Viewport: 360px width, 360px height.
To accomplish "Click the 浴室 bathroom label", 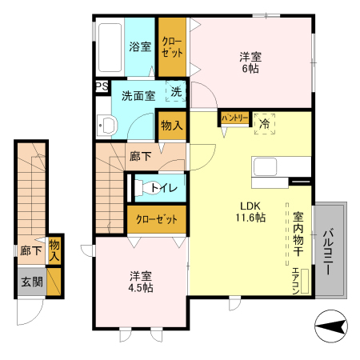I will point(140,46).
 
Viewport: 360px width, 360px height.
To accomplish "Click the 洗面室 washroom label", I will point(138,95).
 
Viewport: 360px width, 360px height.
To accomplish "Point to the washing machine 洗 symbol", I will point(177,91).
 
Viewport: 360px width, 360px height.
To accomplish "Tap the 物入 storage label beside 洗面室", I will point(171,125).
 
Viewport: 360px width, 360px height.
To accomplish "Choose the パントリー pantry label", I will point(234,118).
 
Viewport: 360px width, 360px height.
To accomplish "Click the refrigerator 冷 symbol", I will point(263,122).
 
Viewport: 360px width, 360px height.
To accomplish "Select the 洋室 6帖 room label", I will point(250,63).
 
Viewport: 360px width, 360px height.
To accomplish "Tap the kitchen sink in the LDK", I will point(266,168).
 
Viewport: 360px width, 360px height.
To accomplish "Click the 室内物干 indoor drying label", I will point(298,234).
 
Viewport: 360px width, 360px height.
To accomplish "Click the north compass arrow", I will point(330,326).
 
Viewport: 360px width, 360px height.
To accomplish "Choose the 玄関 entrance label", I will point(31,281).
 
